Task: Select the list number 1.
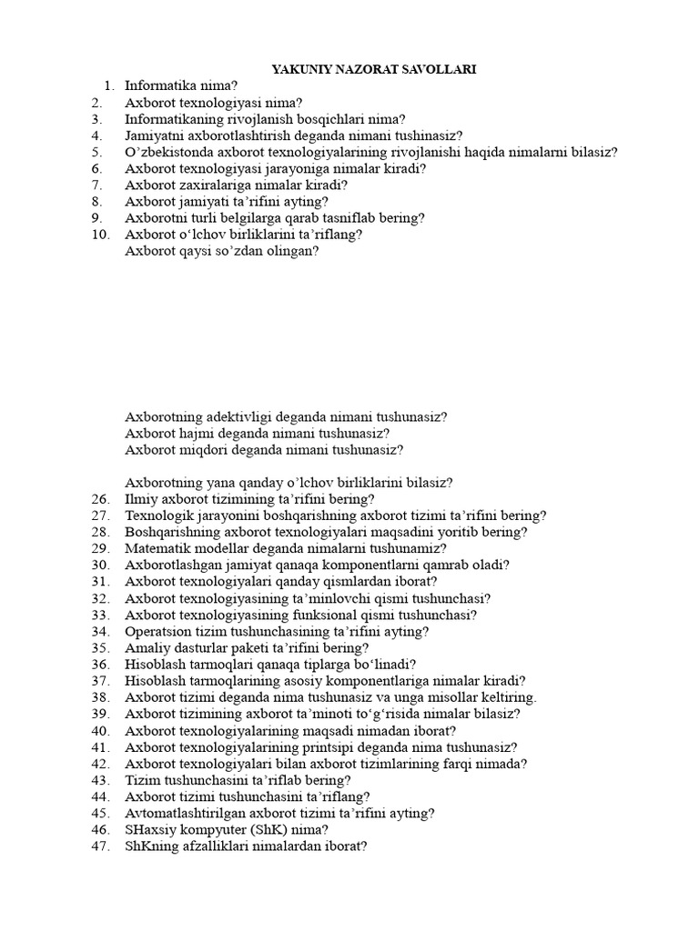109,86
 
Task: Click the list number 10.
101,235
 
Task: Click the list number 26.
101,499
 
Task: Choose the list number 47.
101,846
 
